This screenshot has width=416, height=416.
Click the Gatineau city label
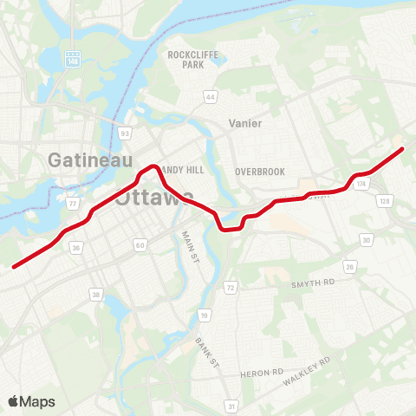point(90,159)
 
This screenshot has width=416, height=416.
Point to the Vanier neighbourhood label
point(244,123)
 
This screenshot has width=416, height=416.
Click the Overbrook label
point(259,172)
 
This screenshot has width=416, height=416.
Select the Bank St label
point(205,352)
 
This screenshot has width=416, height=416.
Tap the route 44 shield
point(211,95)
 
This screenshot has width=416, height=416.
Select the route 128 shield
point(383,201)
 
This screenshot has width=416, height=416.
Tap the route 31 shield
point(231,405)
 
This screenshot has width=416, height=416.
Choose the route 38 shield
point(95,295)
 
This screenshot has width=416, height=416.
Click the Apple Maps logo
point(31,401)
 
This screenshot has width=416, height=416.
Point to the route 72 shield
point(231,287)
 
